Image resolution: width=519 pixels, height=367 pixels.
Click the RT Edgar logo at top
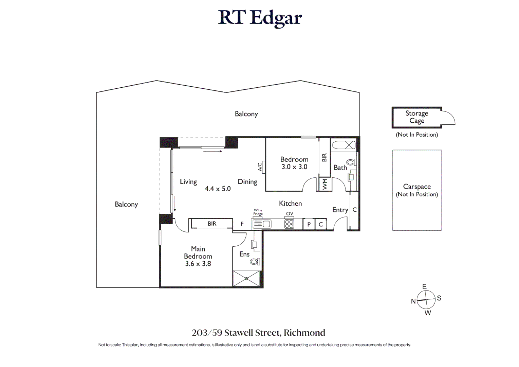[x=260, y=18]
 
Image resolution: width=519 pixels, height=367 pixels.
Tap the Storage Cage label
[x=416, y=117]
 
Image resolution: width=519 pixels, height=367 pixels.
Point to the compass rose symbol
[x=426, y=300]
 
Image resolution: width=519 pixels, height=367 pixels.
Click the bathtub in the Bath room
[x=344, y=145]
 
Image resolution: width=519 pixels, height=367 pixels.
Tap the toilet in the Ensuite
[x=254, y=262]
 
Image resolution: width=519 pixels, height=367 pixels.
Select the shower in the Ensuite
[x=246, y=279]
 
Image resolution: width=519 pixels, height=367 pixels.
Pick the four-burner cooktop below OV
[x=289, y=224]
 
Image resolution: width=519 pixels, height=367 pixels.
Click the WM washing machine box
[x=325, y=184]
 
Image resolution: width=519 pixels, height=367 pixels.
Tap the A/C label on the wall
[x=260, y=167]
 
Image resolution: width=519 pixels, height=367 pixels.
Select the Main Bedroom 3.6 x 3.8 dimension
[x=198, y=264]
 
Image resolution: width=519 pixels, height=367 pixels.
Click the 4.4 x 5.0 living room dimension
[x=218, y=189]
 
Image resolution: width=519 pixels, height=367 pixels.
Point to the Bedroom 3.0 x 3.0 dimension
[x=294, y=167]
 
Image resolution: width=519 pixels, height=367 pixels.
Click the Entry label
[x=340, y=210]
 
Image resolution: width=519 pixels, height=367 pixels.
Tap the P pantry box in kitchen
[x=309, y=224]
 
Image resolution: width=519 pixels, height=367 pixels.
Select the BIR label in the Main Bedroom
[x=212, y=224]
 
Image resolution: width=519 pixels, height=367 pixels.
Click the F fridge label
[x=242, y=224]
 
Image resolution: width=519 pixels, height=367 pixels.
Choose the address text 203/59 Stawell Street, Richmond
[x=258, y=333]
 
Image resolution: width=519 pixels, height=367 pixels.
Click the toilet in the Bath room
[x=351, y=162]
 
